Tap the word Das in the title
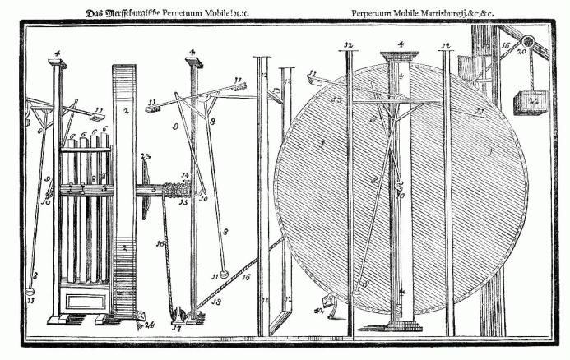[x=95, y=13]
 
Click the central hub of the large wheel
[x=398, y=103]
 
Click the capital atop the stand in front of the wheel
[x=398, y=58]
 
